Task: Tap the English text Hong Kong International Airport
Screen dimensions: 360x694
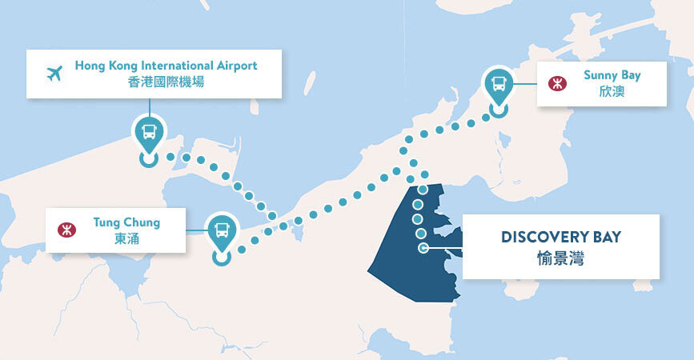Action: pyautogui.click(x=166, y=66)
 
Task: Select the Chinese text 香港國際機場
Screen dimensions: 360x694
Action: pyautogui.click(x=166, y=82)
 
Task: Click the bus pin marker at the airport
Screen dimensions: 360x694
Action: pyautogui.click(x=149, y=132)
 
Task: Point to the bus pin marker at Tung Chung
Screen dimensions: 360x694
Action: pyautogui.click(x=222, y=231)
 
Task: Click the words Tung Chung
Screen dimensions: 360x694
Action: pyautogui.click(x=126, y=222)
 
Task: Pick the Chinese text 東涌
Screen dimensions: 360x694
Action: pyautogui.click(x=126, y=238)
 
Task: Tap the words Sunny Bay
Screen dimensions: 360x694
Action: pyautogui.click(x=612, y=75)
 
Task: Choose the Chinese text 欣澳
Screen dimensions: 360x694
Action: pyautogui.click(x=612, y=91)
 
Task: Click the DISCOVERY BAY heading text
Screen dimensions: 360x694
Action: pyautogui.click(x=561, y=238)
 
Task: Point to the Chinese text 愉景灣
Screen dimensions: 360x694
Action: pyautogui.click(x=561, y=258)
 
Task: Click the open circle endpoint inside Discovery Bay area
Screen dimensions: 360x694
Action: pyautogui.click(x=423, y=248)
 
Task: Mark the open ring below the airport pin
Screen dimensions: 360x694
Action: pyautogui.click(x=149, y=158)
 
